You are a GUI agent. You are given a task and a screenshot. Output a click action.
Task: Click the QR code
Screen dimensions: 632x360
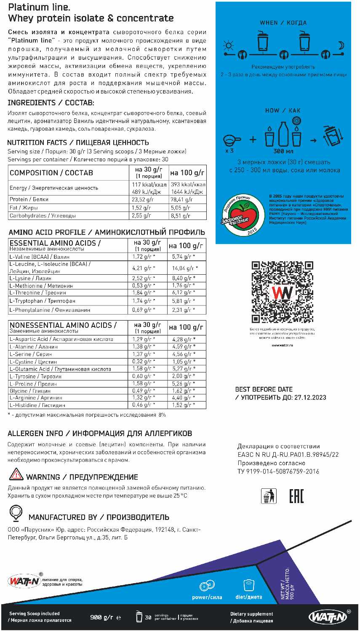pyautogui.click(x=282, y=292)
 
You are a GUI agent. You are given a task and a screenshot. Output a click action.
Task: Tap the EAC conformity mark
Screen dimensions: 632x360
pyautogui.click(x=296, y=496)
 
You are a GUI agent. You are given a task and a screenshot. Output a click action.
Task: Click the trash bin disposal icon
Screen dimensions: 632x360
pyautogui.click(x=269, y=496)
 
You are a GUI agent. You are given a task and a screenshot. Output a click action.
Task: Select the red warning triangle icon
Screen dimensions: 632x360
pyautogui.click(x=16, y=474)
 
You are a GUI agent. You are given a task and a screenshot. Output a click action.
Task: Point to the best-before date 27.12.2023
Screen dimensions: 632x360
pyautogui.click(x=310, y=397)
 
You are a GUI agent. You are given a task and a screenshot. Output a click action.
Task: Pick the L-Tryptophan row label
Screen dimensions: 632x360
pyautogui.click(x=43, y=301)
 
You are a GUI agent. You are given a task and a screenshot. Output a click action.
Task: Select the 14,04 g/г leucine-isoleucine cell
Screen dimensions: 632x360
pyautogui.click(x=185, y=268)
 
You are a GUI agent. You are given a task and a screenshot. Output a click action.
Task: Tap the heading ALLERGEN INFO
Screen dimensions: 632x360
pyautogui.click(x=35, y=433)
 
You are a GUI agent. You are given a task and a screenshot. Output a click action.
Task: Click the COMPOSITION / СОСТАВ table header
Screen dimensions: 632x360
pyautogui.click(x=51, y=173)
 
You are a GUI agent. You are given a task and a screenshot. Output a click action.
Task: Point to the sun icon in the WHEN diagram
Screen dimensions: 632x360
pyautogui.click(x=228, y=46)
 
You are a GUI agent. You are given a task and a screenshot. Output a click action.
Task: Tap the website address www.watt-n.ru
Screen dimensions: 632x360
pyautogui.click(x=282, y=345)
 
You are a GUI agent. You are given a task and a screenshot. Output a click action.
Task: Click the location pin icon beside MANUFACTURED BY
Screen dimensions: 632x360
pyautogui.click(x=16, y=513)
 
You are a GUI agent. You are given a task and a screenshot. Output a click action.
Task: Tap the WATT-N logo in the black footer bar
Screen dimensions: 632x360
pyautogui.click(x=329, y=616)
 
